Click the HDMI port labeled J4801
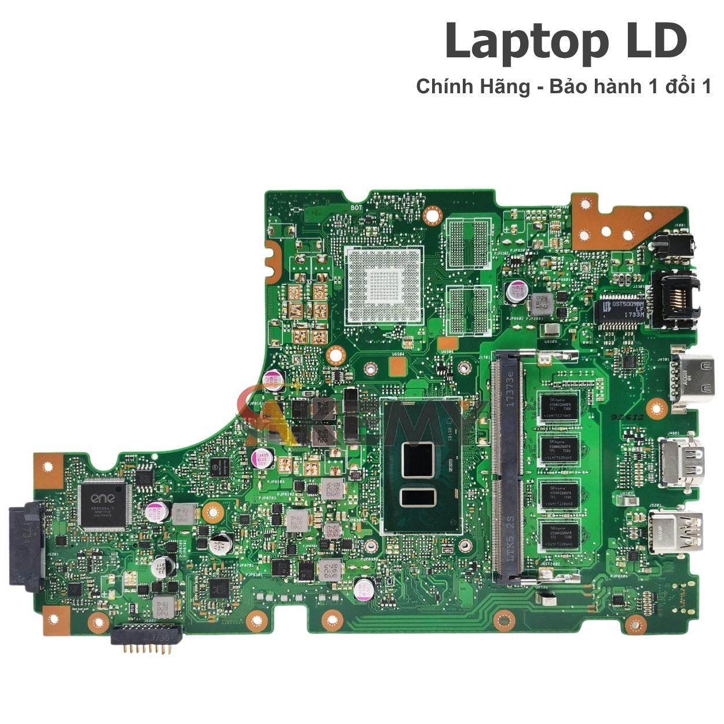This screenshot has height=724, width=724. tap(682, 463)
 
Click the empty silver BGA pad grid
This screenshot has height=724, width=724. tap(383, 284)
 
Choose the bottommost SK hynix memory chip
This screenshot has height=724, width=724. tap(559, 535)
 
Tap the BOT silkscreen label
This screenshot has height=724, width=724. tap(356, 207)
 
